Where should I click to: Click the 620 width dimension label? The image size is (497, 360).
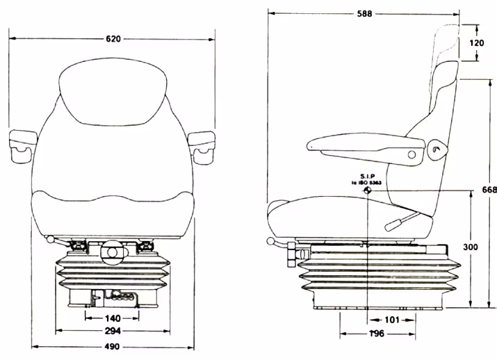coord(113,39)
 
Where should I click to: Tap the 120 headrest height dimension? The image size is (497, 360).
coord(476,43)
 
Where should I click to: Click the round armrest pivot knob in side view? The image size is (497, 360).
coord(437,147)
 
